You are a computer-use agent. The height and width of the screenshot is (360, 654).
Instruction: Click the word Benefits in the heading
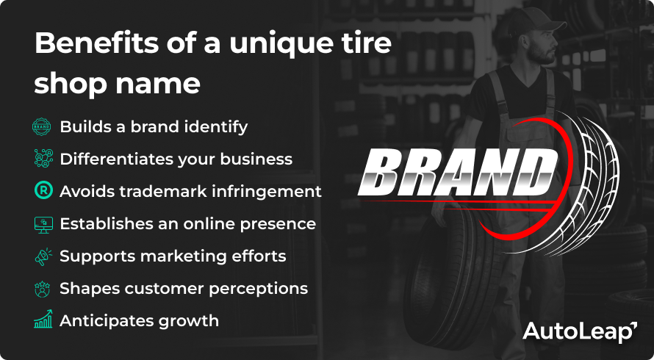pos(96,43)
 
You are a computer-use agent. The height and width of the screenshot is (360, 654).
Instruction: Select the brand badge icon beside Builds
pos(42,127)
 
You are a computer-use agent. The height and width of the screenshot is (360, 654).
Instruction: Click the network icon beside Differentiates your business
pos(43,159)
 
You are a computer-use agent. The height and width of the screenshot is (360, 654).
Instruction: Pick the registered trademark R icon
pos(43,190)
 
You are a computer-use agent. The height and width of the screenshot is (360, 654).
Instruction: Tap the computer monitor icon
pos(43,225)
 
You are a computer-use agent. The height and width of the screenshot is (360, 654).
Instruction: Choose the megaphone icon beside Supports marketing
pos(43,256)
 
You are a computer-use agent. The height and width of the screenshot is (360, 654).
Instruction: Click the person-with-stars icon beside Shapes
pos(42,289)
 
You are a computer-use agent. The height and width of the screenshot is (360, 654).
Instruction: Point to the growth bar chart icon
pos(43,319)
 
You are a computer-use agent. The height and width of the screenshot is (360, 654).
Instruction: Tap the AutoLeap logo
pos(580,331)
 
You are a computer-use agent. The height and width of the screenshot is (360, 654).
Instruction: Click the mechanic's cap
pos(534,20)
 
